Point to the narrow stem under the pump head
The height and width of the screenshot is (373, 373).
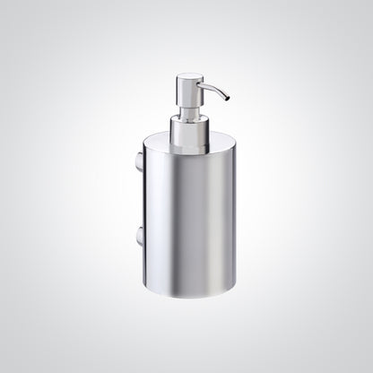[x=190, y=111]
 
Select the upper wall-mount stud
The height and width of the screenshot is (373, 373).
[x=137, y=164]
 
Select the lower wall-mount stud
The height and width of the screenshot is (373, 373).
[x=137, y=237]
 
